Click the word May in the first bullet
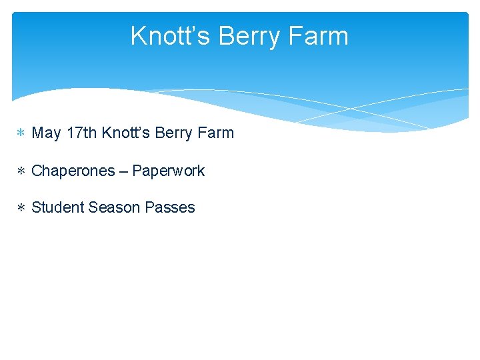tap(47, 133)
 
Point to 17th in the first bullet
tap(82, 133)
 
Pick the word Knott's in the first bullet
tap(126, 133)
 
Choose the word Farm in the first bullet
tap(216, 133)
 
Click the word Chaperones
tap(73, 171)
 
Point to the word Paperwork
tap(169, 171)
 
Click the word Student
tap(57, 208)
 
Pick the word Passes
tap(170, 208)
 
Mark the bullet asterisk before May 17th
tap(21, 133)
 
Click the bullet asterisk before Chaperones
tap(21, 171)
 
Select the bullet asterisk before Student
tap(21, 208)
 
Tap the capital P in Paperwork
tap(137, 171)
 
